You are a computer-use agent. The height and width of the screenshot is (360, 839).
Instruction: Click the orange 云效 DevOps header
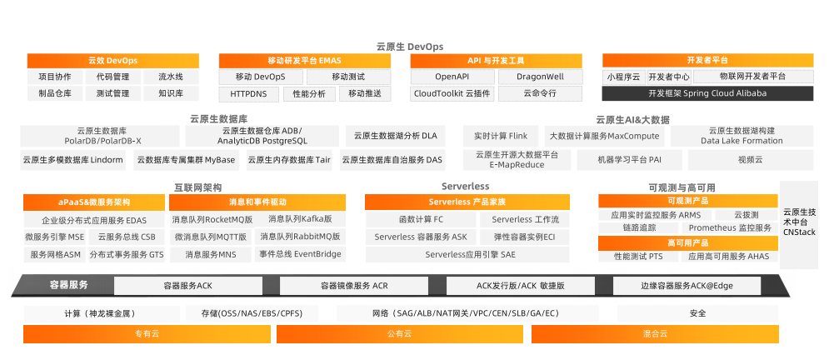(x=112, y=61)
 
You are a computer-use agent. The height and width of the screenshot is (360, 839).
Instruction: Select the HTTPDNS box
(x=249, y=93)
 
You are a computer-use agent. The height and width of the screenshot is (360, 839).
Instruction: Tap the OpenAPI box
(x=452, y=77)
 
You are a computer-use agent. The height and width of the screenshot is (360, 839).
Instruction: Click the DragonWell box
(x=540, y=77)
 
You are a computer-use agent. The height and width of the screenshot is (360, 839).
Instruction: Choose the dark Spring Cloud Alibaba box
(x=707, y=93)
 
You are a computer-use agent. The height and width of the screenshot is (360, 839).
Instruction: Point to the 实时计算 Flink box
(x=501, y=136)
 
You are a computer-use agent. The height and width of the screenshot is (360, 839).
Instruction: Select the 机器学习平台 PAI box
(x=630, y=159)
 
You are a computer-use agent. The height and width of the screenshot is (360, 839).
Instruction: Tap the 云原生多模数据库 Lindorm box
(x=73, y=159)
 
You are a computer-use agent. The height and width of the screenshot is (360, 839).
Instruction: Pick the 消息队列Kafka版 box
(x=300, y=219)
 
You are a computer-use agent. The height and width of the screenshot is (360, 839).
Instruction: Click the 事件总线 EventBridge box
(x=300, y=254)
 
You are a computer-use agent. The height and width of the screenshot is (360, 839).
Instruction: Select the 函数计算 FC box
(x=421, y=220)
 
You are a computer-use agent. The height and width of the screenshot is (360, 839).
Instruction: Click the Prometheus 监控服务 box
(x=731, y=227)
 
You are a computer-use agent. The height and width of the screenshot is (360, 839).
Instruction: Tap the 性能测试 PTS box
(x=638, y=257)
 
